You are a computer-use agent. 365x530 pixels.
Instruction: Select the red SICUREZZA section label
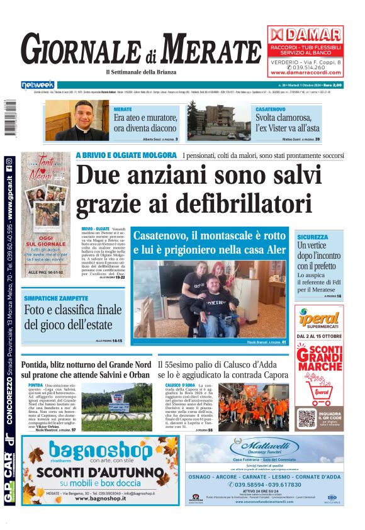pos(313,237)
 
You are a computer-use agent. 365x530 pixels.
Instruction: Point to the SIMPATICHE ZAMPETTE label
pos(55,298)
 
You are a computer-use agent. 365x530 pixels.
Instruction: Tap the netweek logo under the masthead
pos(38,85)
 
